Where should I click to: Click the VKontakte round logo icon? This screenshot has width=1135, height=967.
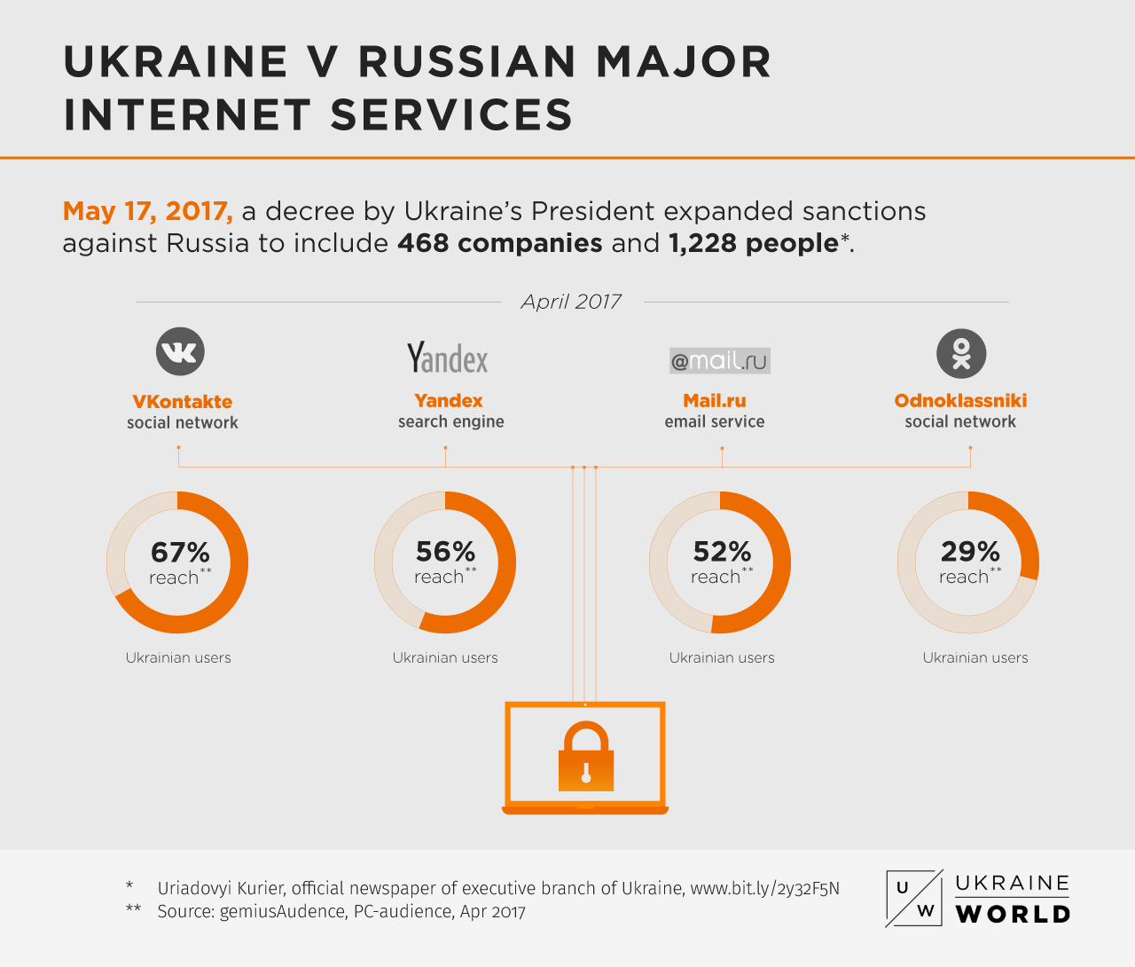pos(180,351)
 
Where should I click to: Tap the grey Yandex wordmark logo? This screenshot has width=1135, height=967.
pos(448,358)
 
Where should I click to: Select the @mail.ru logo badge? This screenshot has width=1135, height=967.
pos(719,361)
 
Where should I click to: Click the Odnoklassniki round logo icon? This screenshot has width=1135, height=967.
pos(961,353)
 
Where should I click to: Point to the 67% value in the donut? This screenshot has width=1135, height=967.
pos(180,552)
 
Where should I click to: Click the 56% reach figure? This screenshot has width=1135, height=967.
pos(445,552)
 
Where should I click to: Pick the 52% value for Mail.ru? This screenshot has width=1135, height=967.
pos(722,552)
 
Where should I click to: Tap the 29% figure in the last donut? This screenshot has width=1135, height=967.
pos(970,552)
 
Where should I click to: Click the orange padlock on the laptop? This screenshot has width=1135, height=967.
pos(585,757)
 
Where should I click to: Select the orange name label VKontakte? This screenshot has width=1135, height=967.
pos(182,402)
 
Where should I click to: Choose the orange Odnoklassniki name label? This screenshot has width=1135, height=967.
pos(960,401)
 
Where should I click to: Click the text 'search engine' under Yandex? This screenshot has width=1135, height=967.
pos(450,422)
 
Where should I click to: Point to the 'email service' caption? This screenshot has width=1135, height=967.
pos(714,422)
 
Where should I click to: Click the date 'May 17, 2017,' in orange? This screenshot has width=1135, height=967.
pos(147,211)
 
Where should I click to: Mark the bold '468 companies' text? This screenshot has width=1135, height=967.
pos(499,243)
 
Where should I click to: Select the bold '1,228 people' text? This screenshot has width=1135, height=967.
pos(753,243)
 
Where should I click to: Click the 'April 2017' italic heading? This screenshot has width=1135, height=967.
pos(571,302)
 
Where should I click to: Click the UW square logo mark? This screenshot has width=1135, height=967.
pos(913,899)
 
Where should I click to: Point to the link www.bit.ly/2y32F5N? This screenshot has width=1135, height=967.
pos(764,888)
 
